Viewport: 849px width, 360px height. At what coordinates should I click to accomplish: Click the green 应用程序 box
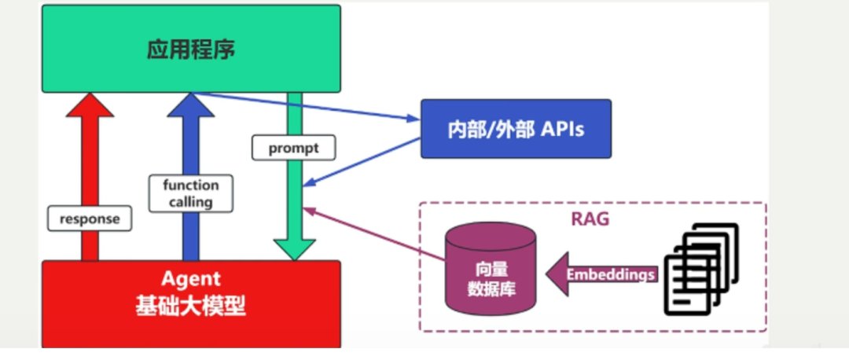click(x=191, y=49)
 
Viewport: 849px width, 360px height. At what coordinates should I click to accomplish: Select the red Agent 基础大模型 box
click(x=191, y=303)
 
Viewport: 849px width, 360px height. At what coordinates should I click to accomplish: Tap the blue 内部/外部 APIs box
click(x=516, y=129)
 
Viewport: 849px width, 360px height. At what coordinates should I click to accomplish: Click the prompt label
click(x=293, y=148)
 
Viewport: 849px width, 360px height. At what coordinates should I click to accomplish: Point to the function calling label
click(x=190, y=193)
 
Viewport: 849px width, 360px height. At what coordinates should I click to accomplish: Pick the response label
click(x=90, y=219)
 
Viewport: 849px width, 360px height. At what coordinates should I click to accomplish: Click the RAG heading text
click(x=590, y=219)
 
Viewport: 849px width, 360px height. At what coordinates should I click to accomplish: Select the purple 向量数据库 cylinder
click(x=491, y=270)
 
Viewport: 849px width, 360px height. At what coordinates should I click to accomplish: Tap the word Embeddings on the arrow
click(x=610, y=274)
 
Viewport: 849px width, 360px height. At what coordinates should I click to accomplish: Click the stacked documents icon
click(x=701, y=269)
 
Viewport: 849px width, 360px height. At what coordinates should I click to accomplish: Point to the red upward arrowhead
click(x=90, y=105)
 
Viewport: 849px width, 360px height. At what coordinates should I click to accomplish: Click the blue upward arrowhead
click(x=190, y=105)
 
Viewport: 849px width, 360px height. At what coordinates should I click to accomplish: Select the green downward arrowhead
click(x=294, y=250)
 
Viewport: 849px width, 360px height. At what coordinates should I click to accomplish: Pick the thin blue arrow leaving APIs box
click(x=362, y=162)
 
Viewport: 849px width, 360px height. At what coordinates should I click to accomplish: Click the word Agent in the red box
click(x=191, y=280)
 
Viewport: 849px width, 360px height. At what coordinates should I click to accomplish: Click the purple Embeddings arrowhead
click(x=557, y=274)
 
